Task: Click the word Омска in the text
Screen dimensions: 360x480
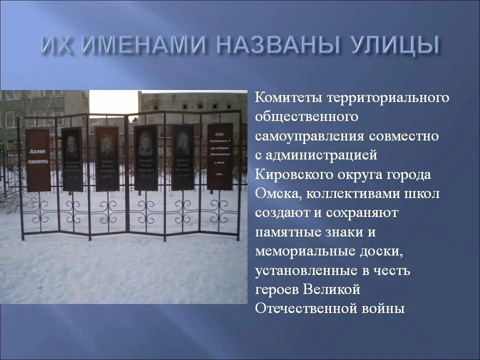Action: point(276,193)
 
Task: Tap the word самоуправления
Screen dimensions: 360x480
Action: point(310,136)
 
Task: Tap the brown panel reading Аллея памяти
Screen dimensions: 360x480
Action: point(38,160)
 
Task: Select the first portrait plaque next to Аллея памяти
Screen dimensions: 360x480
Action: point(72,159)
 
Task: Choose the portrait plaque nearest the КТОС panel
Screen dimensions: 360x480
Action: point(183,157)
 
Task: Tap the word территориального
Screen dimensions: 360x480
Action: point(388,97)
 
